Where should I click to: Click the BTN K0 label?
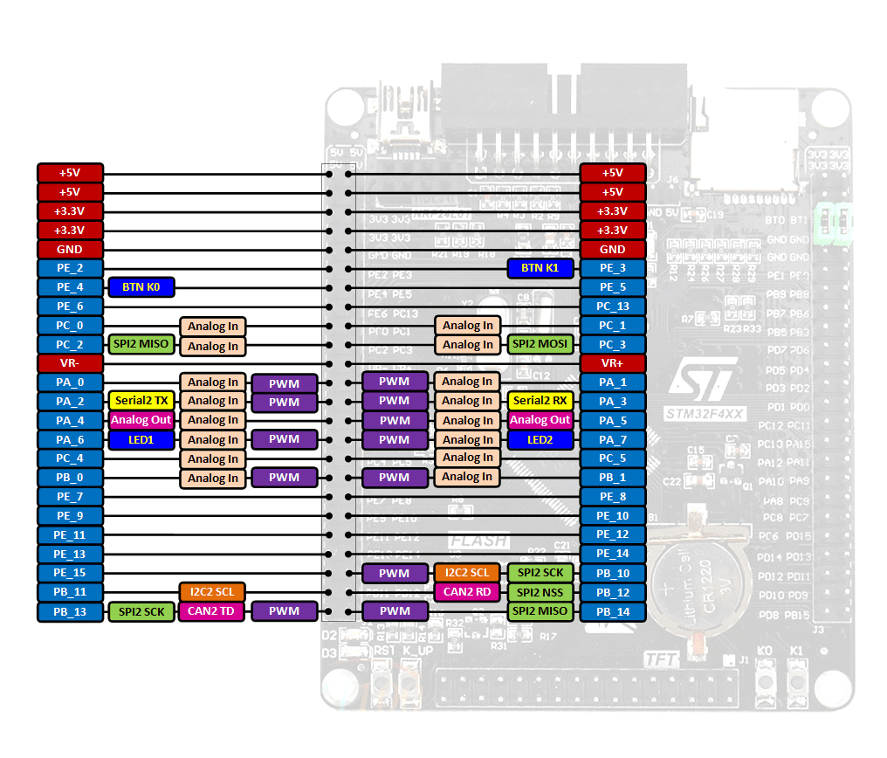141,286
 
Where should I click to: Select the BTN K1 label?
540,268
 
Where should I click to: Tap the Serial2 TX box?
141,401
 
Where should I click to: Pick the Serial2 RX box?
540,401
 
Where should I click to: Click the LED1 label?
141,440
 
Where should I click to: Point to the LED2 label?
540,440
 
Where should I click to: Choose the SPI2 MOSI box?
540,344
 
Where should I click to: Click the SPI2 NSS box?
540,593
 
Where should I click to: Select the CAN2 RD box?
467,592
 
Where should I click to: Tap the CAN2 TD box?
212,611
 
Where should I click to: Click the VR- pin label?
70,363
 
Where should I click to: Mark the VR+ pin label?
613,363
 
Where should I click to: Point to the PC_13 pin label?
613,307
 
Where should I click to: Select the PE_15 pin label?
70,573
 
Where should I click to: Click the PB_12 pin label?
613,593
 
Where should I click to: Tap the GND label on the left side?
70,250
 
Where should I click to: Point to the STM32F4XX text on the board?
704,413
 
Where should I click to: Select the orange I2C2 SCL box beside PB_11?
212,592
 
